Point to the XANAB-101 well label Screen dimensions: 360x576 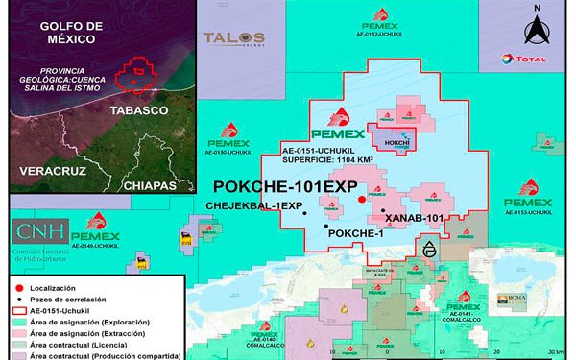pyautogui.click(x=410, y=219)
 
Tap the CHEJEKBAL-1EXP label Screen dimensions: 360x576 pyautogui.click(x=254, y=206)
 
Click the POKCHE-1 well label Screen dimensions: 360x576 pyautogui.click(x=355, y=233)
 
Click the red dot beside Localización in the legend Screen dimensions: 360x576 pyautogui.click(x=19, y=288)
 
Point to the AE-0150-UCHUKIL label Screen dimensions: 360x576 pyautogui.click(x=230, y=152)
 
